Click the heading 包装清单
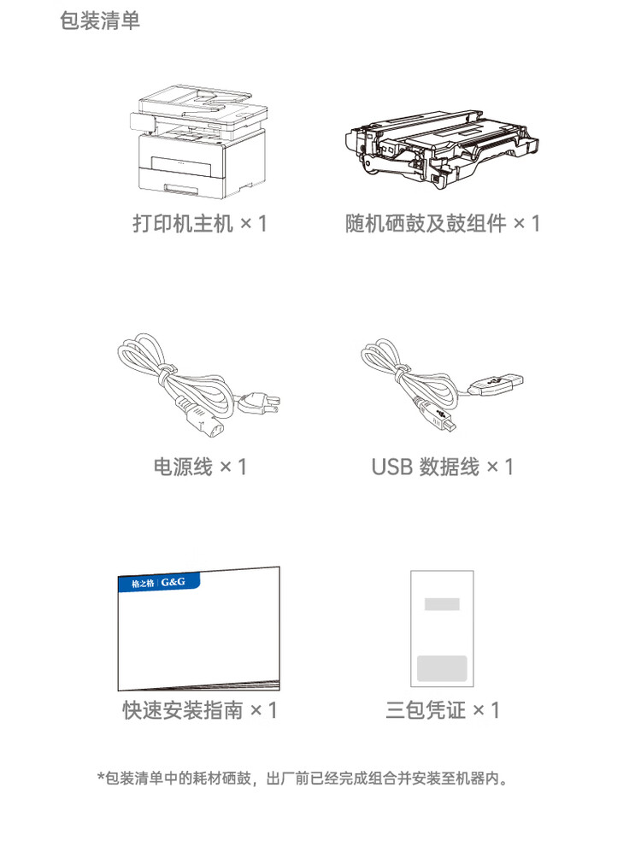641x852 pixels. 100,21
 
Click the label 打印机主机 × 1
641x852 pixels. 199,224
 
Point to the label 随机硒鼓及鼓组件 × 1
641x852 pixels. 442,224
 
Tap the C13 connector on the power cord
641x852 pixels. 203,421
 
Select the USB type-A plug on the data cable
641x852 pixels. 503,385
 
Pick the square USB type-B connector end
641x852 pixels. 444,420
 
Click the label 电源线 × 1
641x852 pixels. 199,467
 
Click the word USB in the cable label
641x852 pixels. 391,467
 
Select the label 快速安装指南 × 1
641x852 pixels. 199,709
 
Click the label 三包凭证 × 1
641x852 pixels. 442,709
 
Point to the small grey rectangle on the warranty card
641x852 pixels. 442,604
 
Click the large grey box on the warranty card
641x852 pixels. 441,668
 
